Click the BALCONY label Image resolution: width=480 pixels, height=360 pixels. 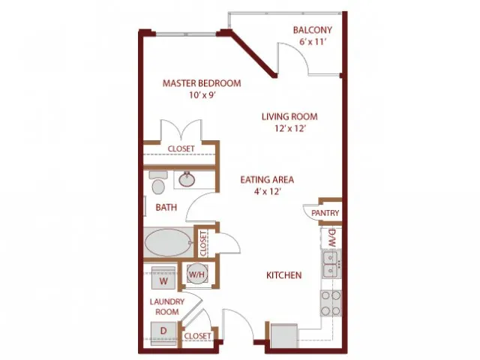[x=312, y=30]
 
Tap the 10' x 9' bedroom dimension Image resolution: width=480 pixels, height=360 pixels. [x=202, y=95]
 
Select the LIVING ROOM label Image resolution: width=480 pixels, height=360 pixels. [x=289, y=117]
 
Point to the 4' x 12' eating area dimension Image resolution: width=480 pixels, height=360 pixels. [x=268, y=192]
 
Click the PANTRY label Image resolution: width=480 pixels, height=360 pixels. [x=325, y=213]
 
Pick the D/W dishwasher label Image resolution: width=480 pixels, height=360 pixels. [x=332, y=238]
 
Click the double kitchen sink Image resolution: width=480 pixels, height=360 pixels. [x=331, y=264]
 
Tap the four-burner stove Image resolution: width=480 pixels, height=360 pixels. [x=331, y=303]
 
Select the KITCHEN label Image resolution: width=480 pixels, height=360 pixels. [x=283, y=275]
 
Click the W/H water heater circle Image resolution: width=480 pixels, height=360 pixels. [x=198, y=274]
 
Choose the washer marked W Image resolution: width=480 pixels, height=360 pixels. [x=163, y=277]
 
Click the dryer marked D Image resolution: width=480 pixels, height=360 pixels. [x=163, y=333]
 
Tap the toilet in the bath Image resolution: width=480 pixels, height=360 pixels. [x=158, y=183]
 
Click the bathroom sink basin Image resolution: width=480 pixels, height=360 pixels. [x=187, y=179]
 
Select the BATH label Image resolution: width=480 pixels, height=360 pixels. [x=166, y=208]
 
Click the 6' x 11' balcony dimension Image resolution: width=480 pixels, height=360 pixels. [x=312, y=42]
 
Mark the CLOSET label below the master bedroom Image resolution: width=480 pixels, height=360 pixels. [x=181, y=148]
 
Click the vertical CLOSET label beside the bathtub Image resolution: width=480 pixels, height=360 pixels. [x=203, y=244]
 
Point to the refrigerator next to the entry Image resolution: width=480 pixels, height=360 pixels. [x=284, y=335]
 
